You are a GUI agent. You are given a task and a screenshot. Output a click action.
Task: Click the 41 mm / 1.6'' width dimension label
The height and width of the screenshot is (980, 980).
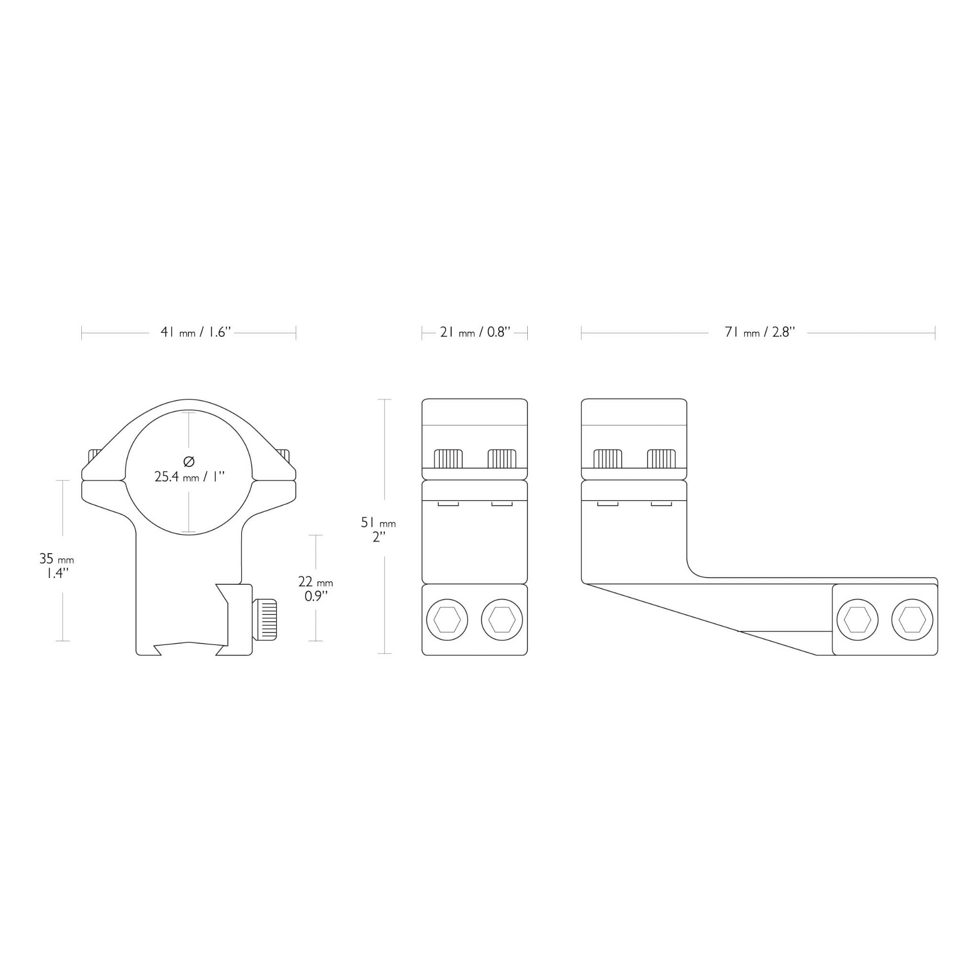pos(196,332)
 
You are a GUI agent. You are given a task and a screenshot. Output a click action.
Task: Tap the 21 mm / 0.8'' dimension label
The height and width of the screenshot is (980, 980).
pos(475,332)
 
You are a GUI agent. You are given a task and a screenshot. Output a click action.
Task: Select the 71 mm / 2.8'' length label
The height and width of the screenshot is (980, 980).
pos(759,332)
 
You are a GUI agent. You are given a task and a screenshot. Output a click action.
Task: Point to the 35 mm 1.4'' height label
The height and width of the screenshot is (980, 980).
pos(57,566)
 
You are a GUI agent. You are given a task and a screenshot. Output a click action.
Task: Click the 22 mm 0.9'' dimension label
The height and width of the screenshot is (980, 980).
pos(315,589)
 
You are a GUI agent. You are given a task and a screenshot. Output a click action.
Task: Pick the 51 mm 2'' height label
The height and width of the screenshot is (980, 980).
pos(379,530)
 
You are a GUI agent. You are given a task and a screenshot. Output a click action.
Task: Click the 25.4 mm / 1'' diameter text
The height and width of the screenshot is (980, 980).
pos(189,476)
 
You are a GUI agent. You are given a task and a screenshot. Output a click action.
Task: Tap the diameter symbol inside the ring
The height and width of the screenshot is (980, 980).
pos(189,461)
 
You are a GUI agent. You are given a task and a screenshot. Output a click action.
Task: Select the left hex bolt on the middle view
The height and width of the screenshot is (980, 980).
pos(447,620)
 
